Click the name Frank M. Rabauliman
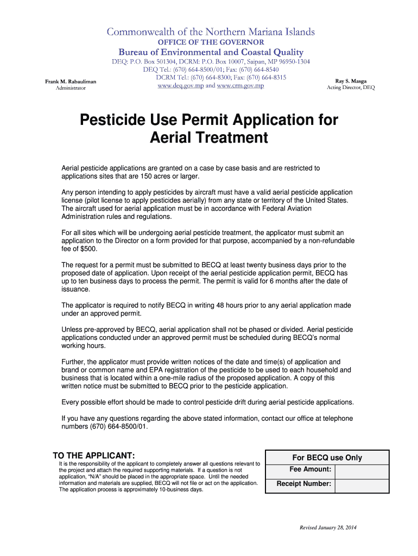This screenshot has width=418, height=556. click(x=70, y=81)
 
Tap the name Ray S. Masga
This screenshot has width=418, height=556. click(x=351, y=80)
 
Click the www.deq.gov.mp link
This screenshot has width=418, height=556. click(x=180, y=86)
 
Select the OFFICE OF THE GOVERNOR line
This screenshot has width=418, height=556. click(x=211, y=42)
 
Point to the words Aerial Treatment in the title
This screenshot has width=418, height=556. click(x=208, y=138)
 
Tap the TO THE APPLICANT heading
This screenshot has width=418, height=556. click(x=93, y=455)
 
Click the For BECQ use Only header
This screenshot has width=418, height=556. click(x=327, y=458)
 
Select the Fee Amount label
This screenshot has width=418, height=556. click(x=311, y=469)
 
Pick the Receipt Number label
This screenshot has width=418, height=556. click(x=304, y=484)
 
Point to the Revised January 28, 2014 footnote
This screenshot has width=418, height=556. click(x=328, y=528)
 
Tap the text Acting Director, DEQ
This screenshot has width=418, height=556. click(x=351, y=87)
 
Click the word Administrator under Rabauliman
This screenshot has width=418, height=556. click(x=71, y=88)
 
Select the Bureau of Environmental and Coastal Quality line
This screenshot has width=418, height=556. click(x=211, y=52)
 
